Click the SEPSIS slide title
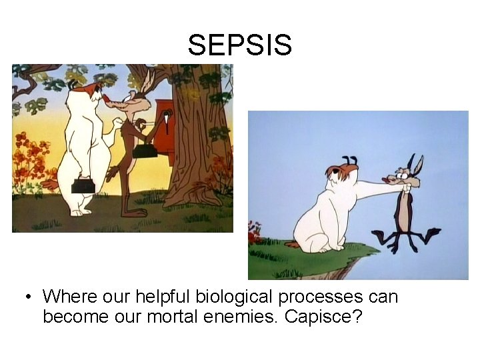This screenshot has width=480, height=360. [x=239, y=45]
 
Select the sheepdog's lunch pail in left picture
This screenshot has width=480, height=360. [x=84, y=184]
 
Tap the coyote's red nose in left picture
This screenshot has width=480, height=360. [x=107, y=98]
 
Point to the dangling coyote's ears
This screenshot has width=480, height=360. [x=415, y=164]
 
